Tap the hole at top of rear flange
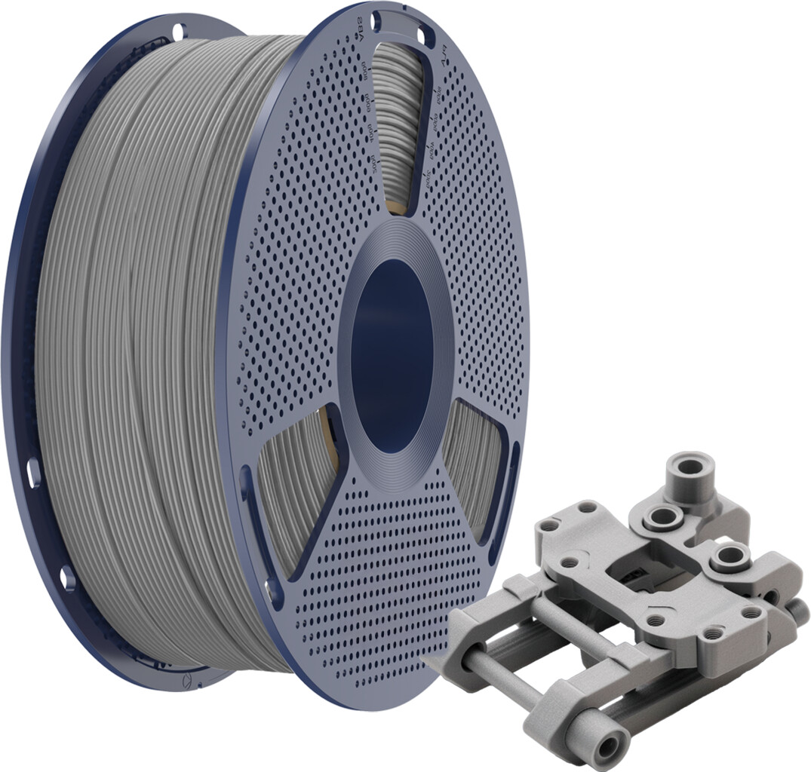[x=178, y=32]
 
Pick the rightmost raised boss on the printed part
[x=729, y=557]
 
